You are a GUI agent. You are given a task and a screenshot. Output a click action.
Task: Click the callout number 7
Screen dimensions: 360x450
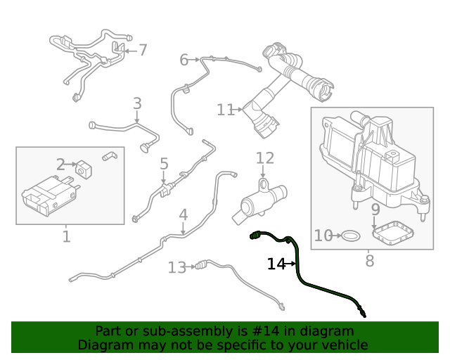[x=143, y=50]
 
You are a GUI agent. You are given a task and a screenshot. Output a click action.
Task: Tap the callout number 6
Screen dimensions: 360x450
[x=184, y=60]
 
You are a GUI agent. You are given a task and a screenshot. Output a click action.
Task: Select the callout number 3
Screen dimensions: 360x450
[x=137, y=103]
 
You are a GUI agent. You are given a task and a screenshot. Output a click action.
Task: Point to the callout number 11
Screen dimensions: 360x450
[x=225, y=110]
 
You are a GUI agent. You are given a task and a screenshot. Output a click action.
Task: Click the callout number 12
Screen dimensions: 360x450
[x=264, y=158]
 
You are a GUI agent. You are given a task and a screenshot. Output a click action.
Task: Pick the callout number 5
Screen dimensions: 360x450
[x=164, y=164]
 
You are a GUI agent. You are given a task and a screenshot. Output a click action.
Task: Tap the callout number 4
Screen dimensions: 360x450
[x=183, y=214]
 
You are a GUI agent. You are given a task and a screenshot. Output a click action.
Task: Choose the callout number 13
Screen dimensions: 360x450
[x=176, y=267]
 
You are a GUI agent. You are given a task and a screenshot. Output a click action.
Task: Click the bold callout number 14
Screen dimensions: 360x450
[x=276, y=264]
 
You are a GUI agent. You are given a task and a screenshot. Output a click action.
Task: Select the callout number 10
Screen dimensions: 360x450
[x=323, y=236]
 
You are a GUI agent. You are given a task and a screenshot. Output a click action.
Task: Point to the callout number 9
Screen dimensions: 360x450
[x=375, y=210]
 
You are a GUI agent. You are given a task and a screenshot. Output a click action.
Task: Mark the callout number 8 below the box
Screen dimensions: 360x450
[x=370, y=262]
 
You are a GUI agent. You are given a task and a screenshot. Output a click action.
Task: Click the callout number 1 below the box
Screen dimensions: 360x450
[x=66, y=236]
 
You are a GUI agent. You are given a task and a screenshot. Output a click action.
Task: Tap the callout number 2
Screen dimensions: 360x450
[x=60, y=165]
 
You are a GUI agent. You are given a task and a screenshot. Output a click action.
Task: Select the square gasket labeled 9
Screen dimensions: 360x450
[x=393, y=233]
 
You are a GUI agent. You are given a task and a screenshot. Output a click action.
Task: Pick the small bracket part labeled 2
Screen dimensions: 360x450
[x=84, y=169]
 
